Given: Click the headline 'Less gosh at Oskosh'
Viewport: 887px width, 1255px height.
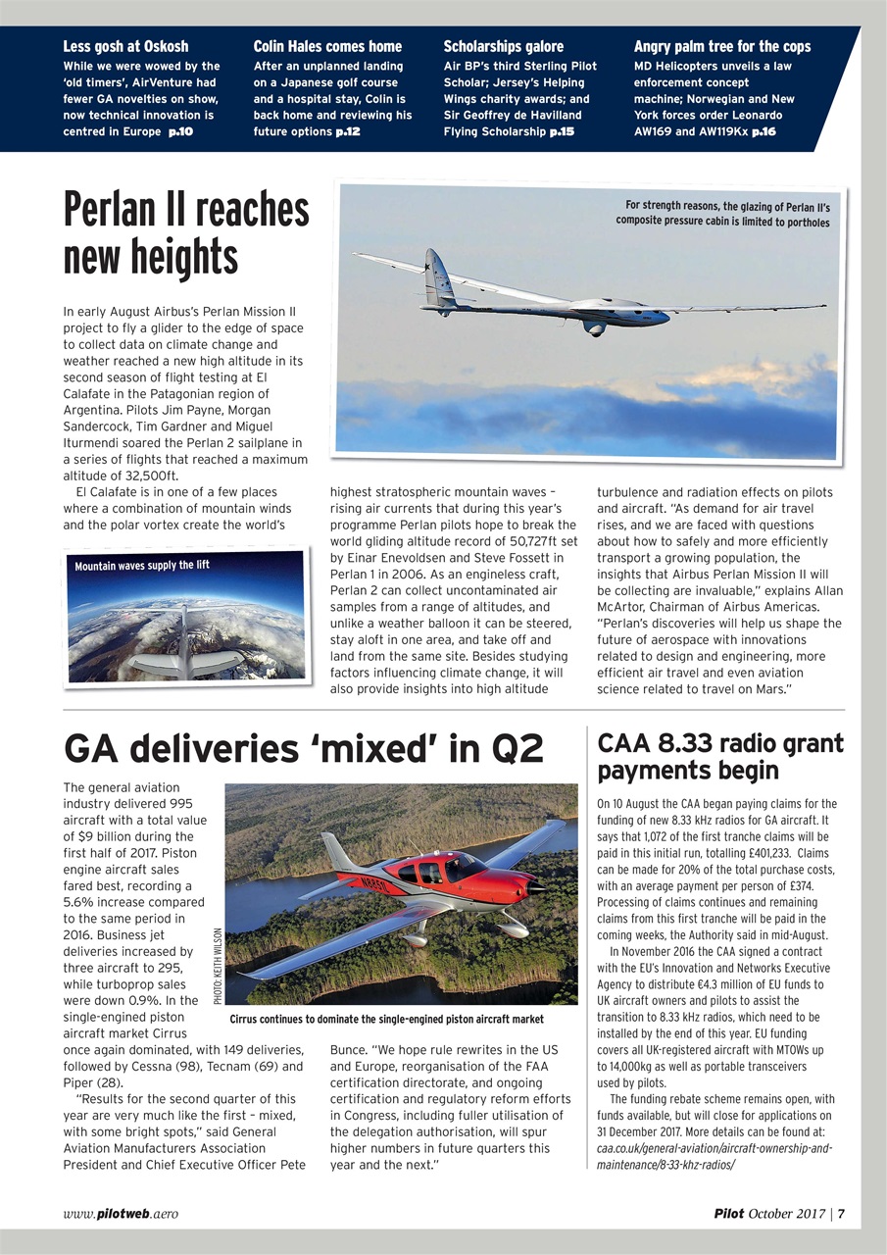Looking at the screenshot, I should pyautogui.click(x=125, y=46).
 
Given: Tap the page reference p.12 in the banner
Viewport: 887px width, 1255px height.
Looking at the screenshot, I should pyautogui.click(x=348, y=131).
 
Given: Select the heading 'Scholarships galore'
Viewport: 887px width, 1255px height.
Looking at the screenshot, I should pyautogui.click(x=504, y=46).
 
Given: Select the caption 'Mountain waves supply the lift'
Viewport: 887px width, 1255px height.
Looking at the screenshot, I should pyautogui.click(x=143, y=565).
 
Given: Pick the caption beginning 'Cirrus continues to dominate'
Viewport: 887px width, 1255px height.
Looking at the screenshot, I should pyautogui.click(x=385, y=1020).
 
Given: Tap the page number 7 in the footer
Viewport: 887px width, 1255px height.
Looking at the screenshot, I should pyautogui.click(x=841, y=1213).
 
